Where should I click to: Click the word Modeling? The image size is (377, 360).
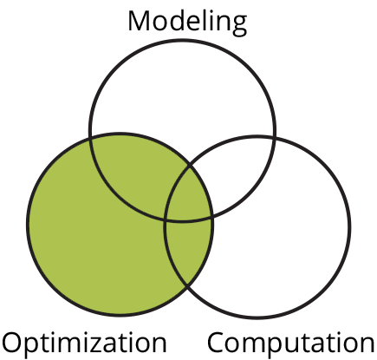coord(187,23)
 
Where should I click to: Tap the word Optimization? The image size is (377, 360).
coord(84,343)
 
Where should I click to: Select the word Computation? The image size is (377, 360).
coord(291,343)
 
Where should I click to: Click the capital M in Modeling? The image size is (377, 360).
coord(140,21)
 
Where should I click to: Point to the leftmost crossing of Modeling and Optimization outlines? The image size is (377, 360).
coord(91,140)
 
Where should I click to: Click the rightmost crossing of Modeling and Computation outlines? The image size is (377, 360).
coord(274,137)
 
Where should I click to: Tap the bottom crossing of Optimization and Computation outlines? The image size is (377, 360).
coord(187,286)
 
